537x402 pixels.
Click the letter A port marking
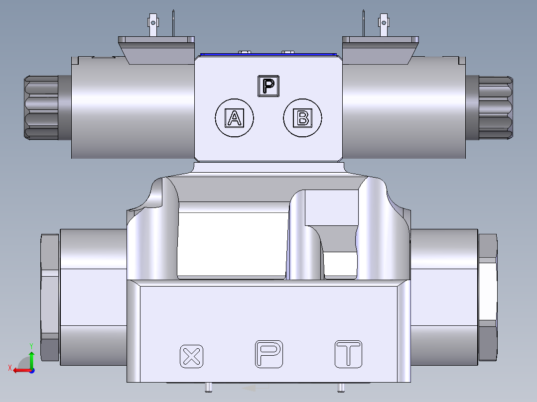(234, 118)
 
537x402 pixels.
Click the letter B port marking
(302, 118)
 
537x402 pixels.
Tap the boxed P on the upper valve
(269, 86)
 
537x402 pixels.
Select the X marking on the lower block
(192, 356)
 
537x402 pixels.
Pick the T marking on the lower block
(348, 354)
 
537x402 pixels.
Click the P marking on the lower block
(269, 354)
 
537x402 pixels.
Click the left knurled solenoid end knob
(41, 106)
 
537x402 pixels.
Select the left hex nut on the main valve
(49, 297)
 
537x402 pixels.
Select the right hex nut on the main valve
(488, 297)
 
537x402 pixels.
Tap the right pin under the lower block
(341, 388)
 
